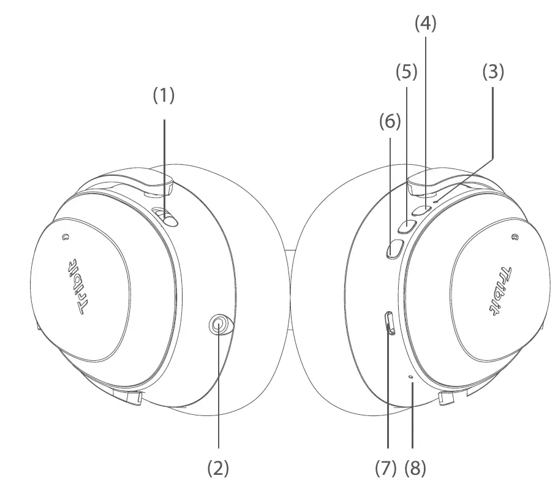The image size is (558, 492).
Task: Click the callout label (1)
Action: pos(164,96)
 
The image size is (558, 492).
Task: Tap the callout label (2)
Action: pos(218,468)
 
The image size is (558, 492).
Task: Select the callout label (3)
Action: pos(493,72)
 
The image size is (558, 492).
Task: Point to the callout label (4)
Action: pos(426,23)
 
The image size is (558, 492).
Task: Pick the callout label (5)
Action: pos(406,72)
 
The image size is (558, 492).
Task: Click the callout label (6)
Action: pos(390,122)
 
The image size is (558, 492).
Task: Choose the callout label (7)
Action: pos(386,468)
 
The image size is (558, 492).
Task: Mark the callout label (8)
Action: pos(415,468)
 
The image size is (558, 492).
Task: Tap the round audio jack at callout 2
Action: pos(219,325)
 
